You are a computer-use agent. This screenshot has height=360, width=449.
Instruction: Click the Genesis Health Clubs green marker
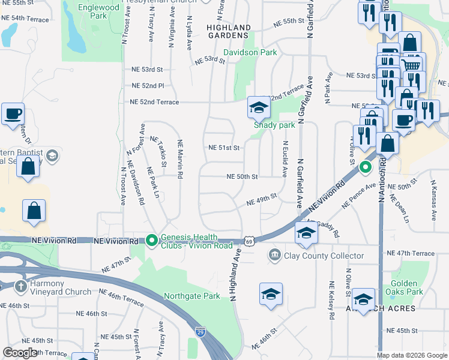152,241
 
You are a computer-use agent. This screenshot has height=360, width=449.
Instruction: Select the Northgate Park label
192,296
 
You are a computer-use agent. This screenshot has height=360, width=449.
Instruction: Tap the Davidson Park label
250,52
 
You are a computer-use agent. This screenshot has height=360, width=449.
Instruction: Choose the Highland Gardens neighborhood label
229,31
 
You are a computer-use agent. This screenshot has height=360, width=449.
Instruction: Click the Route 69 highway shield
249,241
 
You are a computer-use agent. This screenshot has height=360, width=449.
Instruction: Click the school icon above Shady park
259,107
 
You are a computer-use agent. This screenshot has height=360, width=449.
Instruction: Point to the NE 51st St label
224,148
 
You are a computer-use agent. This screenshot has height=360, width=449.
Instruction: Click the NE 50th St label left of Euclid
242,176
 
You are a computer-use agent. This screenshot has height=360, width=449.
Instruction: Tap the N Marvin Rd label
179,159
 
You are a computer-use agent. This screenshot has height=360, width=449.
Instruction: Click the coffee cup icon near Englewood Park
13,113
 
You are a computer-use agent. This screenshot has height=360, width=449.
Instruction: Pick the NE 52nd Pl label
148,86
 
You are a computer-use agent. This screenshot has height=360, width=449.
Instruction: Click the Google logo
19,353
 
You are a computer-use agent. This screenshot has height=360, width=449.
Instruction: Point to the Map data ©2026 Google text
412,355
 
